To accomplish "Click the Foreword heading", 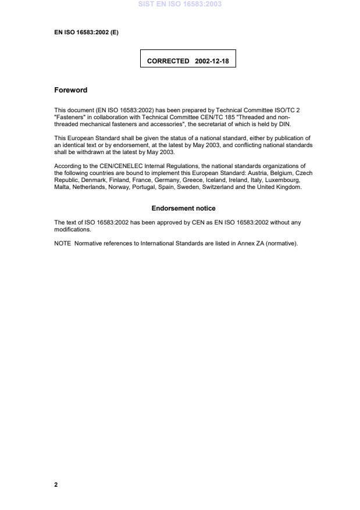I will coord(70,90).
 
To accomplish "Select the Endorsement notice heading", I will coord(183,208).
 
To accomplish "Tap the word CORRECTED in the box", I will coord(168,60).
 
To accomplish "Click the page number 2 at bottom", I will coord(56,484).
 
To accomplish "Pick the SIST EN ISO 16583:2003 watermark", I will coord(180,5).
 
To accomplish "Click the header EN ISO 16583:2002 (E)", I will coord(86,33).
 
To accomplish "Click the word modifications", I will coord(72,229).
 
